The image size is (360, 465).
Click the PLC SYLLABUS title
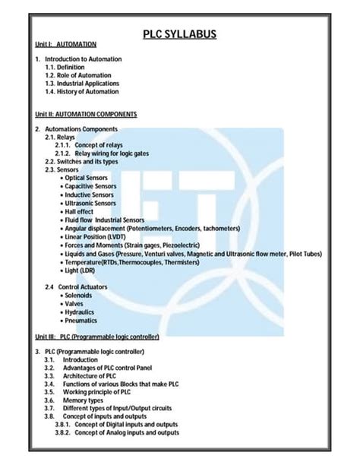click(x=179, y=34)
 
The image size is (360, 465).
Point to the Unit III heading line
click(x=96, y=336)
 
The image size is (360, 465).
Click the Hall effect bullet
click(x=82, y=211)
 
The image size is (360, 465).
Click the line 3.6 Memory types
click(x=83, y=400)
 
